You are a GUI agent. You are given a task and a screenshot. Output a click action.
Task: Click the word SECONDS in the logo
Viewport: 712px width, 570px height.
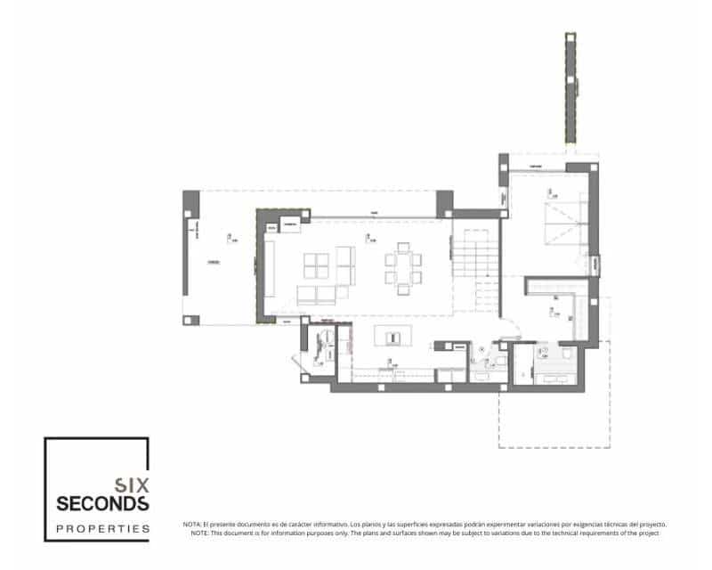(x=97, y=504)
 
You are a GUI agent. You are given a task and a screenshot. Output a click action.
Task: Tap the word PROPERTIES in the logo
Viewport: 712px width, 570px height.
(x=97, y=528)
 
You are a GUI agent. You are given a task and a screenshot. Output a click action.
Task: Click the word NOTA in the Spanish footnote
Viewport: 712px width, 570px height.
(x=191, y=525)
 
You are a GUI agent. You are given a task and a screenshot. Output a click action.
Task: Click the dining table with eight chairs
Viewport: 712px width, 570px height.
(x=404, y=265)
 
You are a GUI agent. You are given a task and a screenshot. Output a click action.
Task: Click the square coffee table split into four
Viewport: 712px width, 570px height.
(x=317, y=265)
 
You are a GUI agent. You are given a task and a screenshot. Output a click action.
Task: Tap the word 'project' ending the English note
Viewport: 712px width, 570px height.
(x=648, y=533)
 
